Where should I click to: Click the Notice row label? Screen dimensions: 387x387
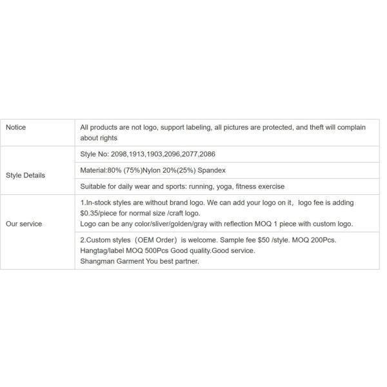click(15, 128)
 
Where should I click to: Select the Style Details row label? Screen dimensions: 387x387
click(25, 175)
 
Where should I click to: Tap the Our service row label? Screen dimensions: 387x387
click(24, 224)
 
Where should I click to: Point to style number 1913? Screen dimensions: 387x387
click(140, 155)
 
